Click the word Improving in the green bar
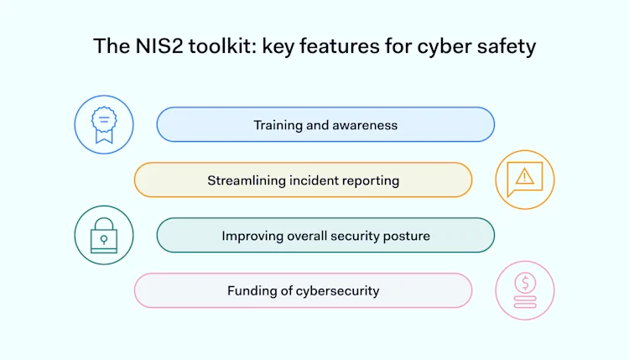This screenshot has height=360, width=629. click(250, 236)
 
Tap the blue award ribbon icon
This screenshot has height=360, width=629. click(104, 125)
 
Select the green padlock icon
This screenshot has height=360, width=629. click(104, 235)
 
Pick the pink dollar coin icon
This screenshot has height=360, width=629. click(525, 290)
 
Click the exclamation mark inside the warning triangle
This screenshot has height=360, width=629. click(525, 176)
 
